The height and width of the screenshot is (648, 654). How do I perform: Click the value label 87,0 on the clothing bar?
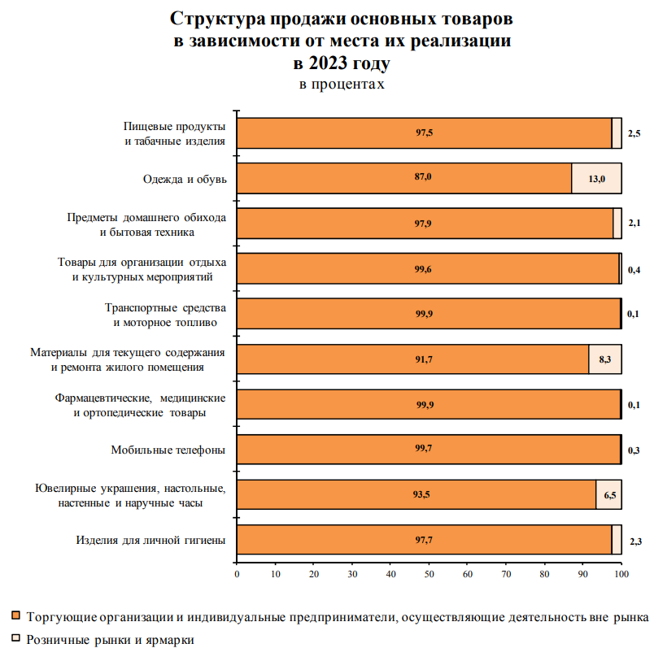pos(423,178)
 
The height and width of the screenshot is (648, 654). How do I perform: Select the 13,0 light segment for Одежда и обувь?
pos(596,178)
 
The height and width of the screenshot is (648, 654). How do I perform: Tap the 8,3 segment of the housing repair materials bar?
pos(605,359)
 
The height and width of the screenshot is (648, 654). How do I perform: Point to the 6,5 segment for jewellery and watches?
pos(608,494)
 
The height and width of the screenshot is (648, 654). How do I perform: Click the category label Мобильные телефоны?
pos(168,449)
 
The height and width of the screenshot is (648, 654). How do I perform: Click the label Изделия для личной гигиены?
pos(150,539)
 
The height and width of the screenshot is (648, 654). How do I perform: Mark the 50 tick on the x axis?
pos(429,575)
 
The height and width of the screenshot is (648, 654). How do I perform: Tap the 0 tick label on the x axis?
pos(237,575)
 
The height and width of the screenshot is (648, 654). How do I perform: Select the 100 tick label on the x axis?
pos(621,575)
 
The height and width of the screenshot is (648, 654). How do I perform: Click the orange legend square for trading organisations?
pos(16,615)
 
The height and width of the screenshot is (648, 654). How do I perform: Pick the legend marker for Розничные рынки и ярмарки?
pos(16,639)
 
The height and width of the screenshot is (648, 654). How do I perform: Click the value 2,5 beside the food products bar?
pos(634,133)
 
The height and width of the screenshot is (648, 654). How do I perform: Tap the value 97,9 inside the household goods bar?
pos(423,223)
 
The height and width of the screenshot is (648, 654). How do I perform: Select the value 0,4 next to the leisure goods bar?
pos(634,268)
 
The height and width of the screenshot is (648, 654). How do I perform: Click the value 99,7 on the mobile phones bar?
pos(423,449)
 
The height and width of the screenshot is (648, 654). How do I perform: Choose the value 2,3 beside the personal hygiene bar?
pos(634,539)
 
